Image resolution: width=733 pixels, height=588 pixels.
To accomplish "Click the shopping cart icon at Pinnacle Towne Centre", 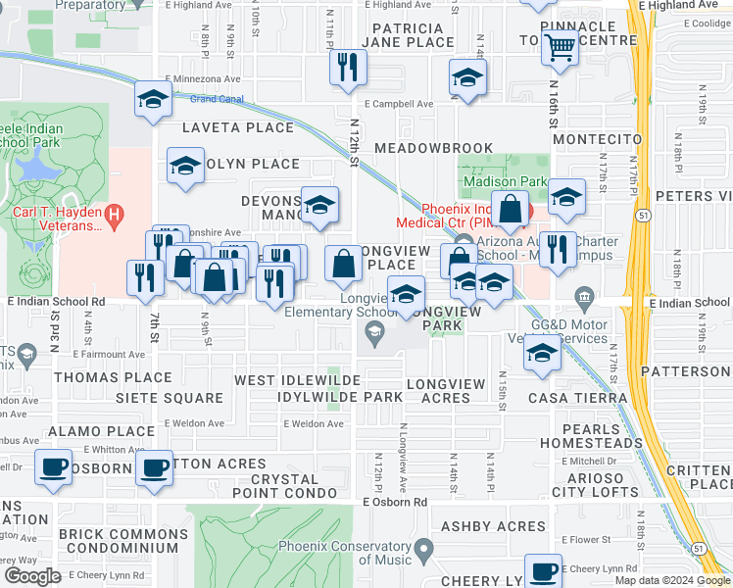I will [559, 46].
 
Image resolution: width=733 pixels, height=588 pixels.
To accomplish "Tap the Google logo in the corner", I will [32, 576].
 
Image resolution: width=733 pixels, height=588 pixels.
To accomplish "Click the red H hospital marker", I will [116, 212].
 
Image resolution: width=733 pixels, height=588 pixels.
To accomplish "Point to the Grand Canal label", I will [217, 99].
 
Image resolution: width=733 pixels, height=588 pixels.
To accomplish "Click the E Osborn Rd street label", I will [395, 502].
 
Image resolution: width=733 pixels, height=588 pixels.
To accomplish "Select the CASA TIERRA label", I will [577, 397].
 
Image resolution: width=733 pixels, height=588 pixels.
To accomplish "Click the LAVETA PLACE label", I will [238, 127].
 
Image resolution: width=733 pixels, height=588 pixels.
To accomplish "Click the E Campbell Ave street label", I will [398, 103].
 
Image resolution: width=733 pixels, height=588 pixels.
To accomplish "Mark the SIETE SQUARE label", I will [170, 398].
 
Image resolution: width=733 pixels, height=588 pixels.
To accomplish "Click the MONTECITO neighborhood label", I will [596, 139].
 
